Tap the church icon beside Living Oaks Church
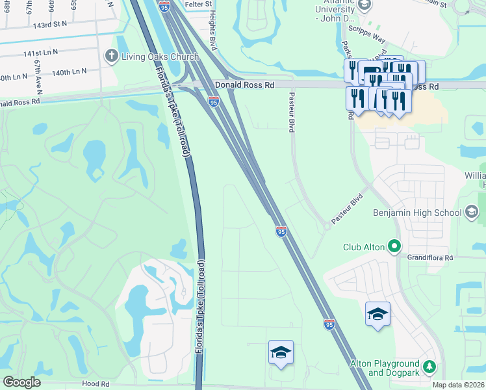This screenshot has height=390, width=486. [x=111, y=56]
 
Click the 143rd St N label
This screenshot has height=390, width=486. [x=51, y=24]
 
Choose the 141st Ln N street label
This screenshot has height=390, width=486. [x=40, y=51]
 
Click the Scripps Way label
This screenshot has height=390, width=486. [x=380, y=30]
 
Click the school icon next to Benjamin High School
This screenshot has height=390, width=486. [x=472, y=212]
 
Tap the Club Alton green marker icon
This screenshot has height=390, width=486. [x=394, y=246]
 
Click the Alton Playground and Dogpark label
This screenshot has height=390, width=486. [x=385, y=368]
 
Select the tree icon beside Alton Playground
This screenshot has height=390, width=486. [x=429, y=367]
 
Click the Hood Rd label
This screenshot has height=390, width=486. [x=95, y=384]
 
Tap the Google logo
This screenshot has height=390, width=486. [x=21, y=382]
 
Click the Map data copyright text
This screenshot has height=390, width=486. [x=459, y=385]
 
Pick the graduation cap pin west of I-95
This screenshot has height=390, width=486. [x=281, y=352]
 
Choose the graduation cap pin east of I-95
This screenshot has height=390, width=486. [x=378, y=314]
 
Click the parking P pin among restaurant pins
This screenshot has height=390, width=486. [x=371, y=73]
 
